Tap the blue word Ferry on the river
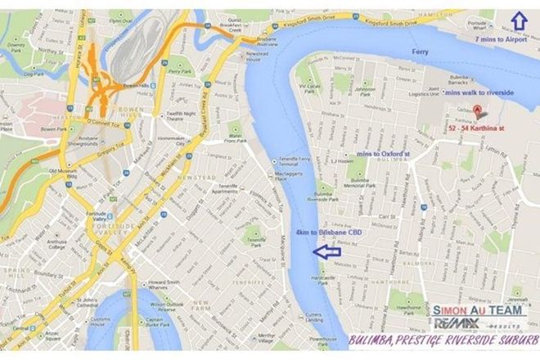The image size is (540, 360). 420,52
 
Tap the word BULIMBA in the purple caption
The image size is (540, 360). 376,340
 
